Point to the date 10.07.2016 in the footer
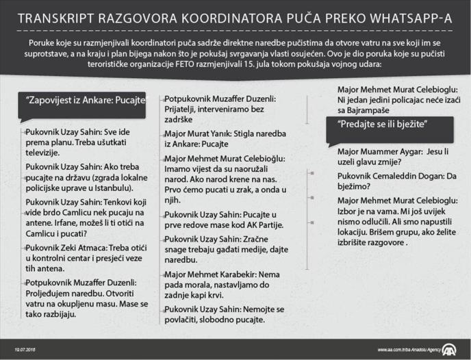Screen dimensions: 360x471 click(26, 348)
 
